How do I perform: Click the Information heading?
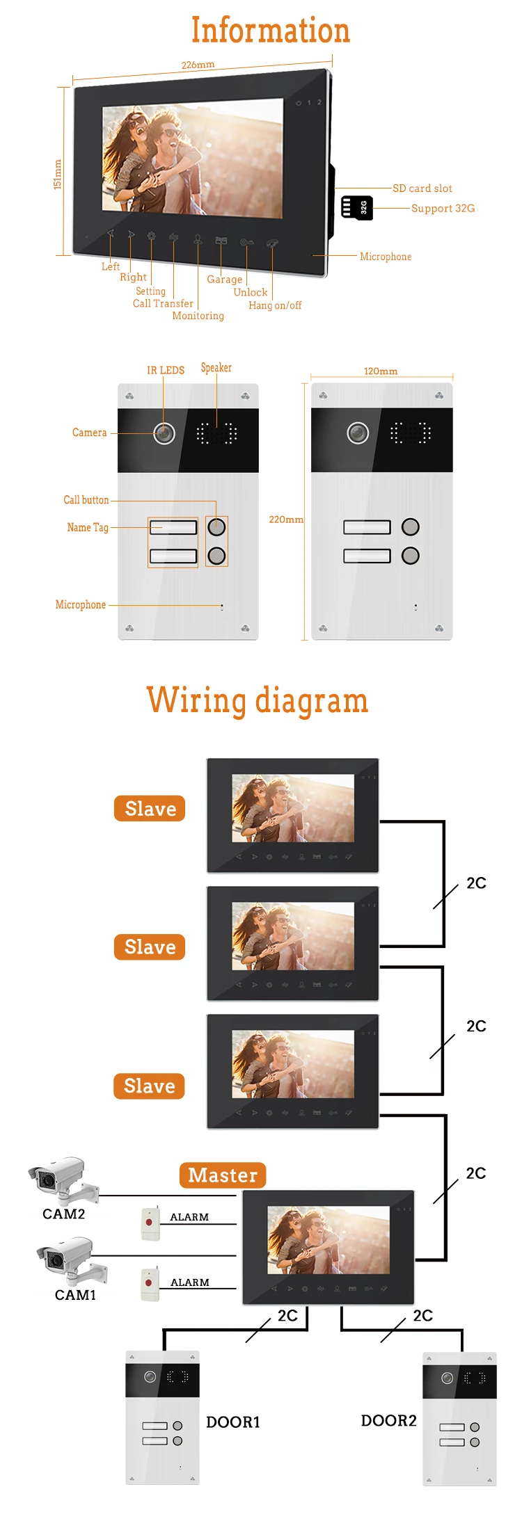270,31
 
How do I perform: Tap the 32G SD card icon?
357,207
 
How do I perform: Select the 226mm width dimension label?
198,65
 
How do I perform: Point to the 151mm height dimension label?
58,174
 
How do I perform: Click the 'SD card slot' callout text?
422,188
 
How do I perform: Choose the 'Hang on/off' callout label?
275,305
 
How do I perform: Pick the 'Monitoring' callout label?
198,316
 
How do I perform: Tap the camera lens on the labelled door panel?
164,433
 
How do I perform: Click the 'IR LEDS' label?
166,370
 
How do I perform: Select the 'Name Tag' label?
88,527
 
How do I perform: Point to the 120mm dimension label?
381,371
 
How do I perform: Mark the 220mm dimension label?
286,520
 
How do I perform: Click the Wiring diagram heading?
257,700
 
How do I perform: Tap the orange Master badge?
223,1175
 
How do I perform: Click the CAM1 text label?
75,1295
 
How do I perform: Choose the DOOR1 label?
232,1422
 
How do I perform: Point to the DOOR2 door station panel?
459,1419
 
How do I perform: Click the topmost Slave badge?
150,809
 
